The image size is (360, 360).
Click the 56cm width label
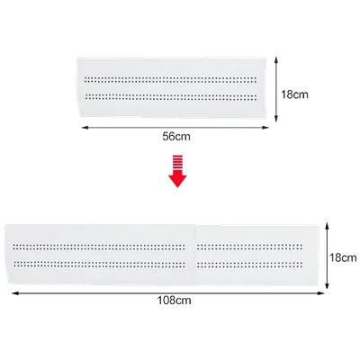point(176,137)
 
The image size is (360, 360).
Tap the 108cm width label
point(175,301)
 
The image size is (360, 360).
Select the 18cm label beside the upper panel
point(294,94)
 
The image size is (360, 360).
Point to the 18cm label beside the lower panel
point(343,257)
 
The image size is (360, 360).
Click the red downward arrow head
point(177,180)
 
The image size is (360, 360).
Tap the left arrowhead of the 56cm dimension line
point(85,128)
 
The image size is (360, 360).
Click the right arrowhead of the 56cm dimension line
point(265,128)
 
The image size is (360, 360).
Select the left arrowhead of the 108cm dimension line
point(15,293)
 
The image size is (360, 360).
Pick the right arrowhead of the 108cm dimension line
point(321,293)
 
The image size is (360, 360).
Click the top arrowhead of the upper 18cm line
point(276,60)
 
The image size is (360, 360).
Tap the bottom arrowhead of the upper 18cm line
point(276,119)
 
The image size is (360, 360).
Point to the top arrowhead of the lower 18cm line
point(328,226)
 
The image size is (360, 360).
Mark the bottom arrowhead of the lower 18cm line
point(328,285)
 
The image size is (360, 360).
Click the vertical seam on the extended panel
point(196,255)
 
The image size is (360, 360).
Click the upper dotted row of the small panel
point(170,80)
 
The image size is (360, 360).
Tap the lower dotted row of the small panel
point(171,97)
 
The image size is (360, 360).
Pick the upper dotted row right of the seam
point(249,247)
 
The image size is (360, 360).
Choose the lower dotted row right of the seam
point(249,265)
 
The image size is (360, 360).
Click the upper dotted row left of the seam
point(99,247)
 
